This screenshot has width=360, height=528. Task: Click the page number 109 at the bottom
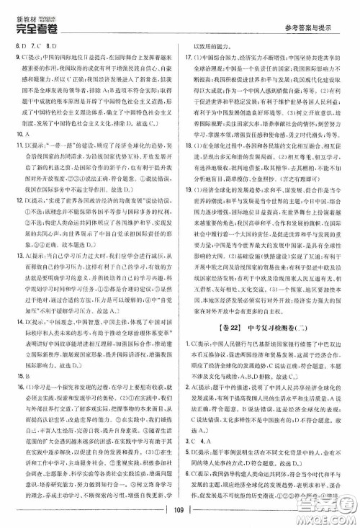tap(179, 512)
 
